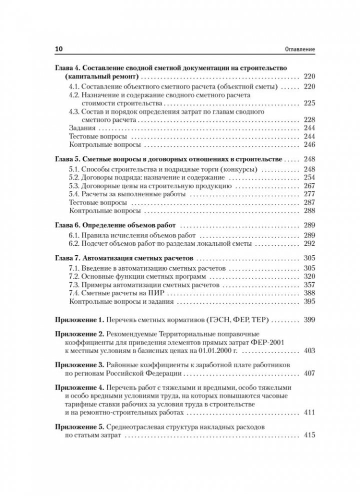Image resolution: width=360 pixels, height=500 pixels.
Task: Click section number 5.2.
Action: pos(73,177)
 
